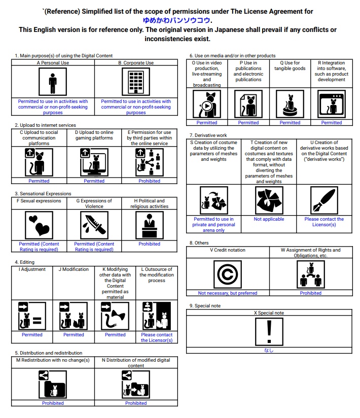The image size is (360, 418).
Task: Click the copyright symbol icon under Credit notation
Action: [227, 275]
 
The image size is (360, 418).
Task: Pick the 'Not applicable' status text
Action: [269, 219]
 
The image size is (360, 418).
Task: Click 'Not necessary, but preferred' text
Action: [228, 293]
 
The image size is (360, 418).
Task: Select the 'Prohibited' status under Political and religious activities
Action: [149, 244]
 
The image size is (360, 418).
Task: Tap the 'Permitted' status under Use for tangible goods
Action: [290, 122]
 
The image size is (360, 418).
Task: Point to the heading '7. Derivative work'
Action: [208, 135]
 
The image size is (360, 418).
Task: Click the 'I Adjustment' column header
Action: [32, 269]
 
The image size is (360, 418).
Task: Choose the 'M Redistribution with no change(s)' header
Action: [53, 360]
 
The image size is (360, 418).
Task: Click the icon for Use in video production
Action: [207, 104]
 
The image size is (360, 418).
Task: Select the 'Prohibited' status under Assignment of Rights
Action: [310, 293]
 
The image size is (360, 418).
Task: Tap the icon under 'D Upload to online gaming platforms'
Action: [94, 162]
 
